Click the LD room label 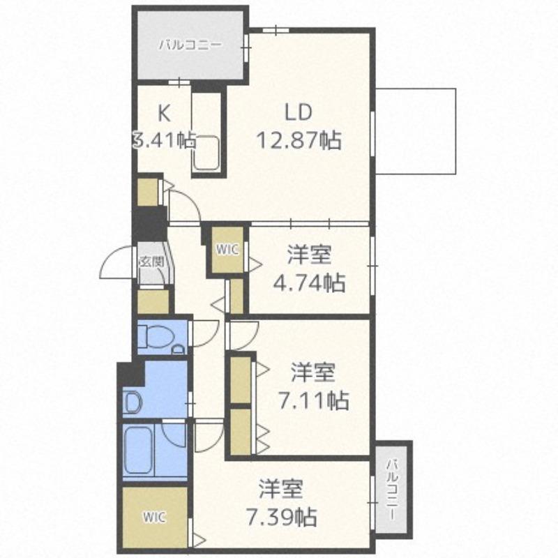point(299,112)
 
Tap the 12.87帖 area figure point(299,140)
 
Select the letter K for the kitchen point(163,113)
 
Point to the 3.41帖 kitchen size point(164,140)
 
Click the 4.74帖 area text point(309,282)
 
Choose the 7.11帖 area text point(313,400)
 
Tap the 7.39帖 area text point(281,518)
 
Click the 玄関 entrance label point(151,262)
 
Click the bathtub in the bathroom point(138,450)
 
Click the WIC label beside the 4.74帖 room point(227,250)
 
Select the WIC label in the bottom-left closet point(155,517)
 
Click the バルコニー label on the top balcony point(190,45)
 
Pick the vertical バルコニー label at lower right point(393,490)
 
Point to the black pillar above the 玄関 point(149,223)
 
